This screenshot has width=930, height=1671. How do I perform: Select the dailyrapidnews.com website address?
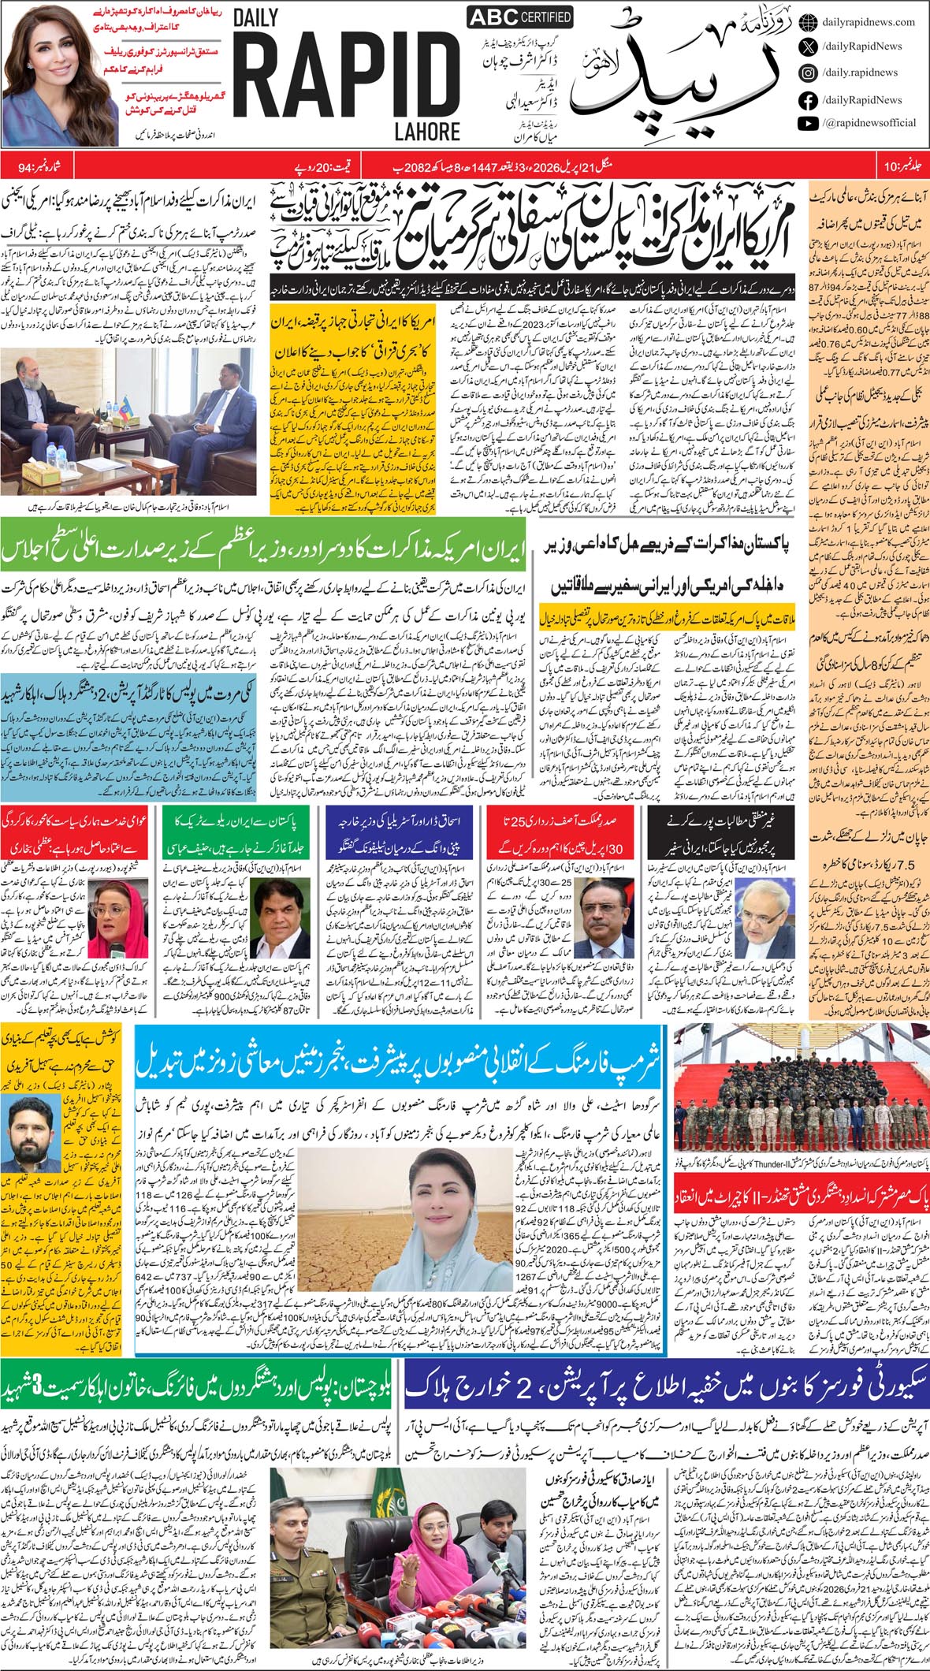[x=868, y=23]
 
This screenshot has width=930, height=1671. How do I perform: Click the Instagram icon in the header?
[x=807, y=73]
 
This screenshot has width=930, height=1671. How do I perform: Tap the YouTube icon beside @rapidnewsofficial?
[x=807, y=123]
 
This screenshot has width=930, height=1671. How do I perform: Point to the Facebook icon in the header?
[x=807, y=99]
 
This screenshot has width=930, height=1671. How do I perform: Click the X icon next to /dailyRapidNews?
[x=807, y=47]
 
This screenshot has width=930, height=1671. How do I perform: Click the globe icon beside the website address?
[x=807, y=22]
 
